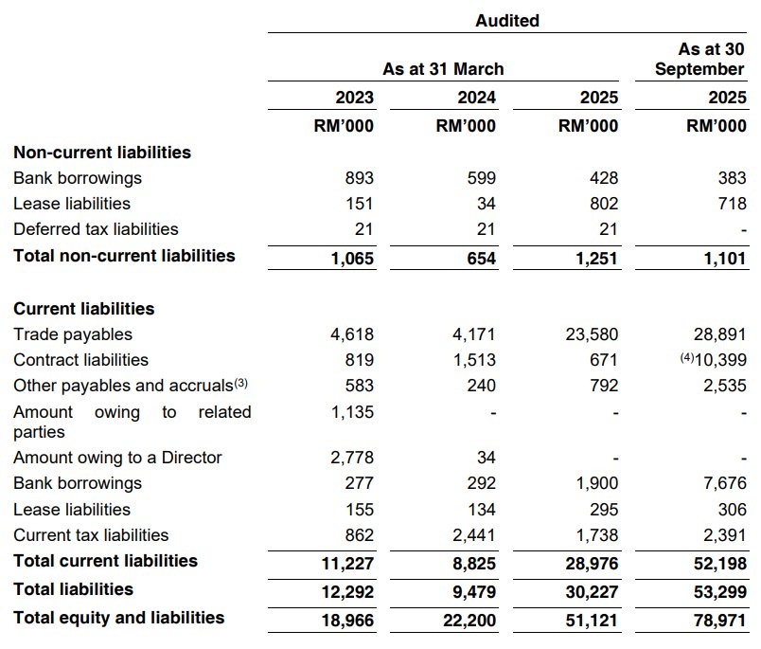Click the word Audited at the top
pos(507,20)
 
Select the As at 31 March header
pos(443,69)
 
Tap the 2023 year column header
pos(355,98)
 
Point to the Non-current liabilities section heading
pos(102,153)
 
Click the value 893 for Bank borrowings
pos(360,178)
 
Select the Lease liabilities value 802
pos(603,204)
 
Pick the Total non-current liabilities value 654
pos(481,259)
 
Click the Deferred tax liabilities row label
pos(96,229)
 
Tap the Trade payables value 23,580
pos(594,334)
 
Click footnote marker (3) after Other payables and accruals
pos(242,384)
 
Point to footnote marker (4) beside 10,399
pos(675,358)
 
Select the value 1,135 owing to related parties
pos(355,412)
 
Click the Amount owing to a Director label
pos(117,458)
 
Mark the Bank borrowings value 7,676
pos(725,484)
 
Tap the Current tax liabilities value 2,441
pos(476,535)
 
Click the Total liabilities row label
pos(73,589)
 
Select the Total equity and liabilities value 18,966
pos(350,620)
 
